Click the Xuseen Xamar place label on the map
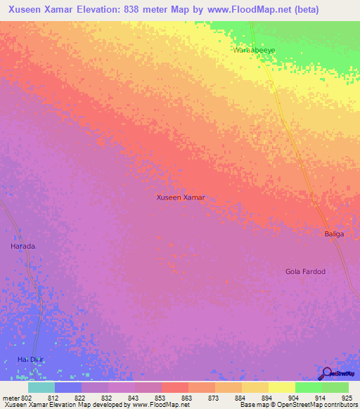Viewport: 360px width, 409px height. (x=180, y=197)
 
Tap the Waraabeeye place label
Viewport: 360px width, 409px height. (x=254, y=51)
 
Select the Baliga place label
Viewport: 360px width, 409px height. (x=334, y=234)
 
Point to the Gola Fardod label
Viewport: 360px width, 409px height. (x=305, y=271)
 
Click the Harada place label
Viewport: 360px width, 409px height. (x=22, y=247)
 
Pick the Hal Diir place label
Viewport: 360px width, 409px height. (x=30, y=360)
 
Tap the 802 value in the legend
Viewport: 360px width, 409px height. (x=27, y=398)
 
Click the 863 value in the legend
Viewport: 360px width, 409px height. (x=186, y=398)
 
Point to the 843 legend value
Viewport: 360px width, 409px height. (x=133, y=398)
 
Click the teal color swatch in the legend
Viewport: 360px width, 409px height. (x=41, y=387)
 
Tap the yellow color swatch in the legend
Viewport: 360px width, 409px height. (x=281, y=387)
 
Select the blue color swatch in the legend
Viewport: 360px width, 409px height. (x=67, y=387)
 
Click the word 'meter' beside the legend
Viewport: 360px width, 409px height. (x=11, y=398)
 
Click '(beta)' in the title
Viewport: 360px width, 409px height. (x=308, y=10)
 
